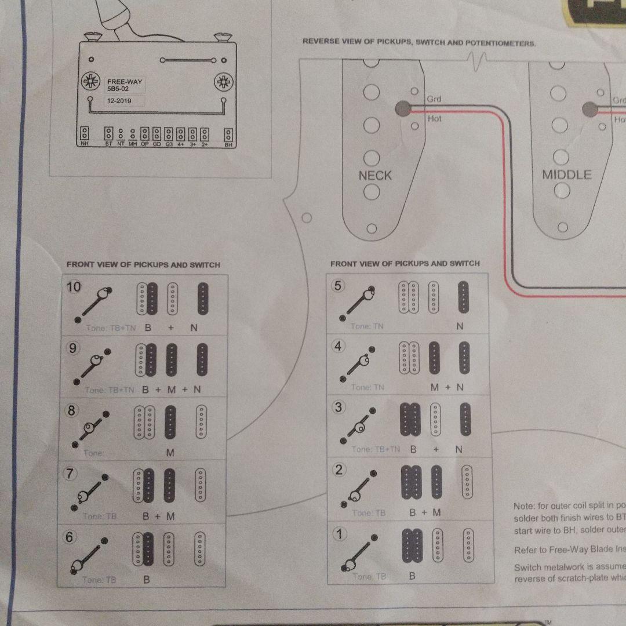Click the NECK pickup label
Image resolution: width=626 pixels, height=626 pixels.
click(x=375, y=176)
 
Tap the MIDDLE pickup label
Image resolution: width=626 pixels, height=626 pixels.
click(x=566, y=174)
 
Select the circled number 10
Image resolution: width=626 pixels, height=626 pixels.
click(x=74, y=286)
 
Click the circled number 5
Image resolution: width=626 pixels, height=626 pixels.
click(x=339, y=286)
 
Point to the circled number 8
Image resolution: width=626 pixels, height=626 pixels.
click(x=71, y=410)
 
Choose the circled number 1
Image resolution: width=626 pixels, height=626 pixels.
click(x=339, y=534)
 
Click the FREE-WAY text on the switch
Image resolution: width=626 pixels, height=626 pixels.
click(x=124, y=82)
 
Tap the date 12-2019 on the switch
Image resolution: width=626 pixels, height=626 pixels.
click(x=119, y=101)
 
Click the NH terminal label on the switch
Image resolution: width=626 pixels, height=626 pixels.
click(x=85, y=144)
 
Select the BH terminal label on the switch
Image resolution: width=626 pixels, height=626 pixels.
click(x=228, y=144)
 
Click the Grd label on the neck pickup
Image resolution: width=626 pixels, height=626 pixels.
click(x=434, y=99)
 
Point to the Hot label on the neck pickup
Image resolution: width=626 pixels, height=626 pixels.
click(x=434, y=118)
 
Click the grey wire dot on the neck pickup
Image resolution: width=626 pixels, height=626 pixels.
click(x=401, y=108)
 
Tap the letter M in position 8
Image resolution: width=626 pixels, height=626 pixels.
click(x=170, y=453)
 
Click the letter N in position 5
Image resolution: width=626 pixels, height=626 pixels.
click(x=460, y=326)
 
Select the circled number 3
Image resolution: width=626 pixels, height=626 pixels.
click(x=339, y=407)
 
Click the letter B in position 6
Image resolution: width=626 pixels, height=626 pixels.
click(x=147, y=579)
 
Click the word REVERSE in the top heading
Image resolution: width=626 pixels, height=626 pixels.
click(x=320, y=42)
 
